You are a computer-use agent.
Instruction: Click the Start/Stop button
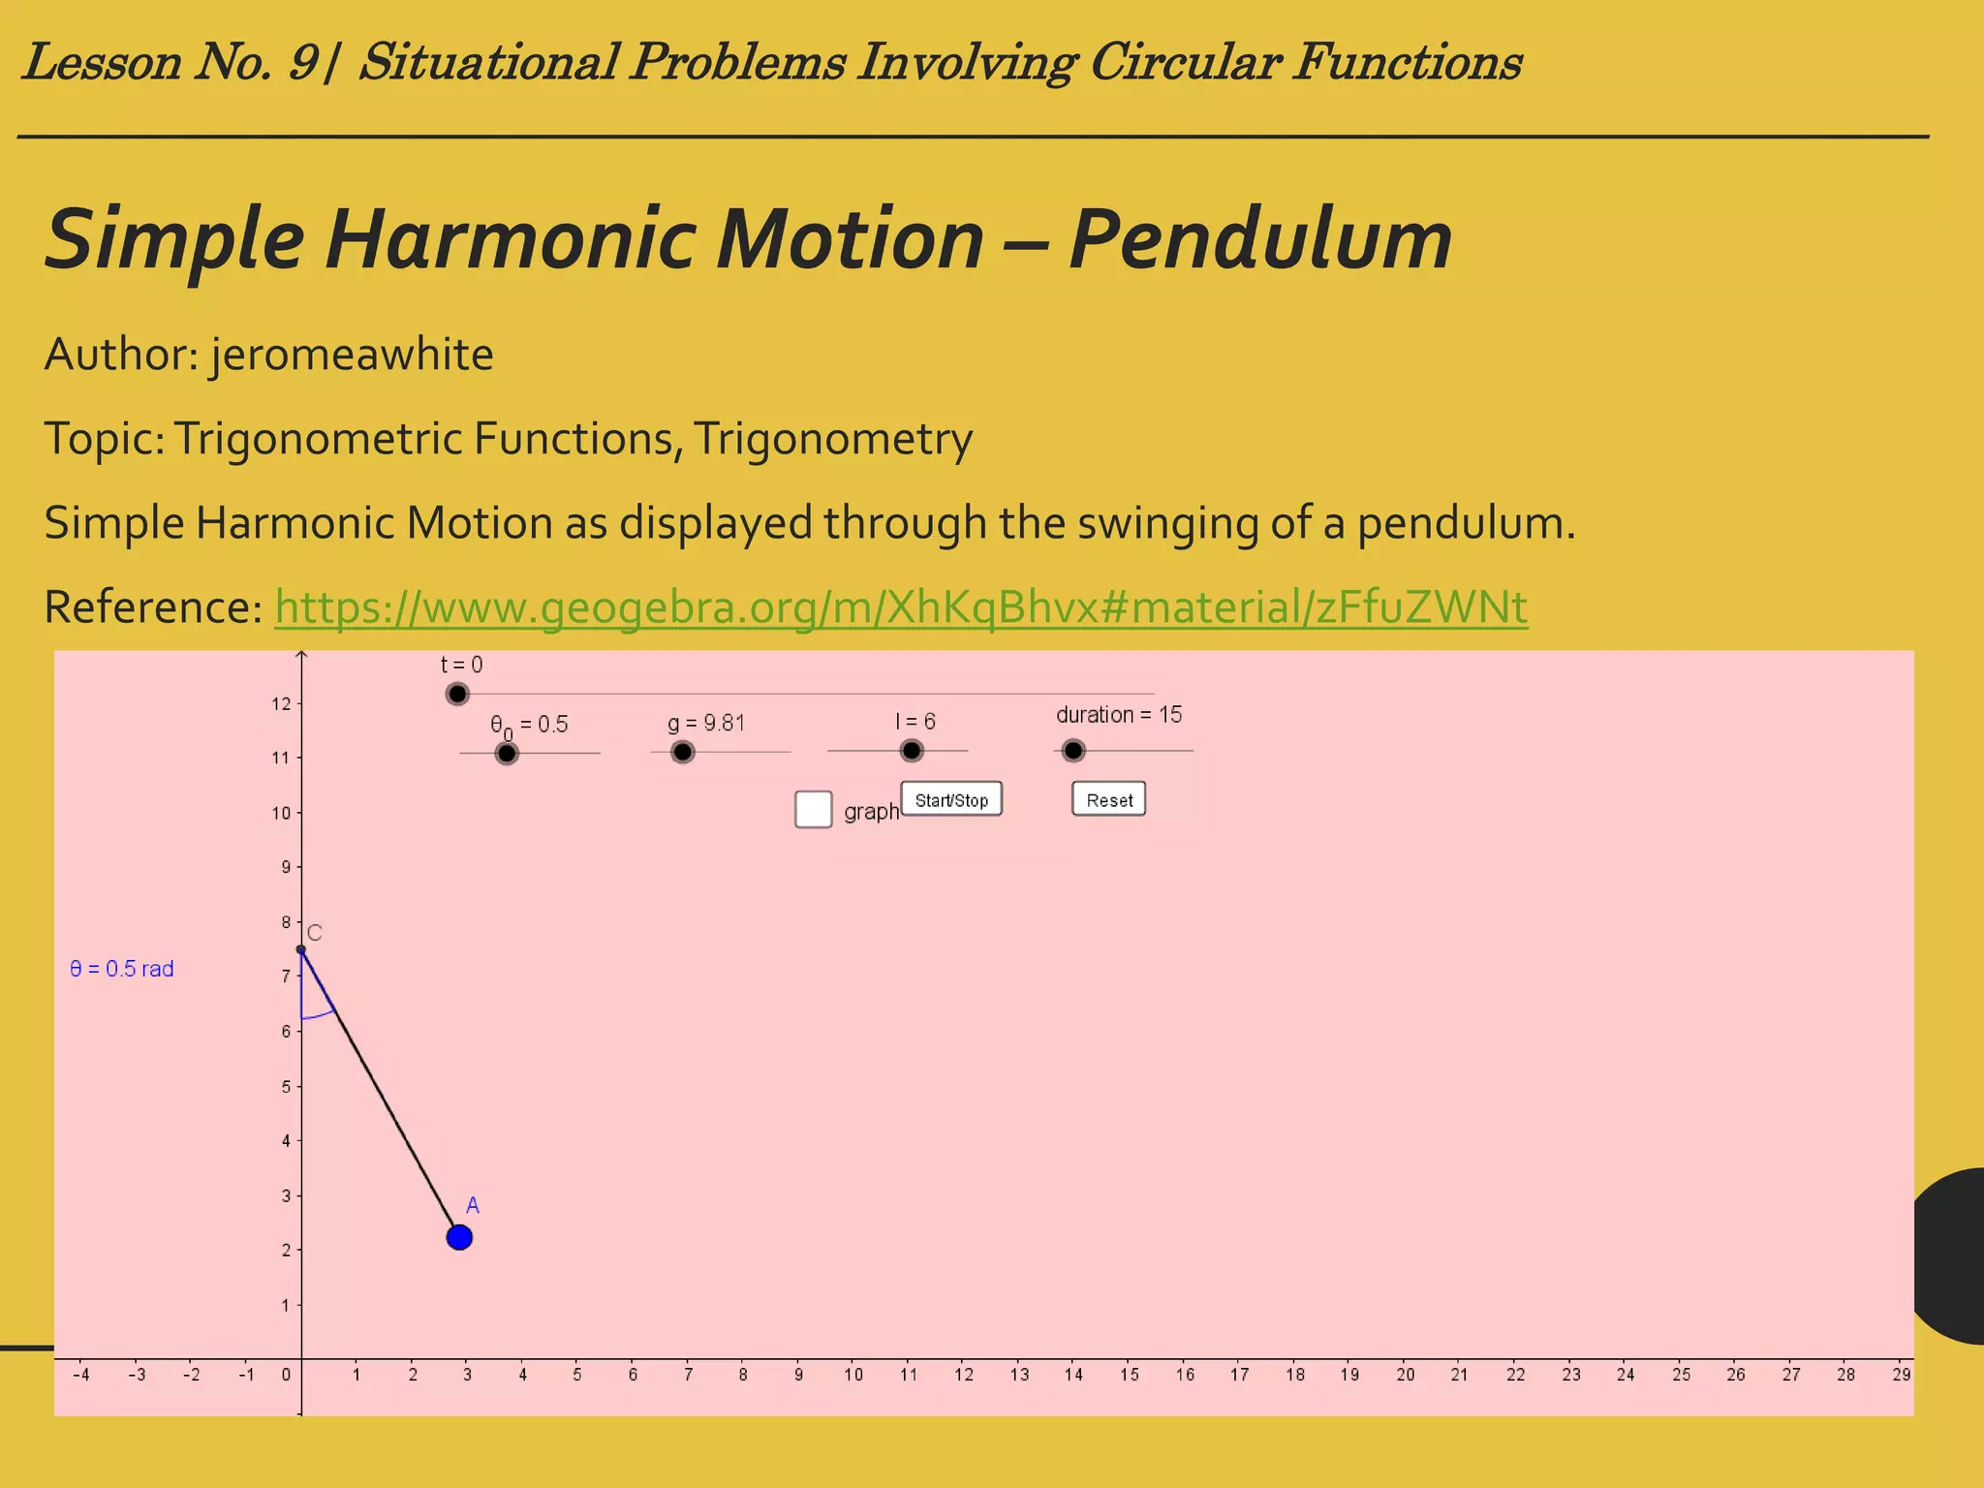tap(951, 799)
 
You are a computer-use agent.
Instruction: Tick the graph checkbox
tap(813, 809)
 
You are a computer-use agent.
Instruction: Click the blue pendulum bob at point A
tap(459, 1237)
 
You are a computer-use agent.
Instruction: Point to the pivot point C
tap(301, 949)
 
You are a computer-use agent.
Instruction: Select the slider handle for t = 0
tap(457, 694)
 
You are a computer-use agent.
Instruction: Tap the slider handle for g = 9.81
tap(683, 752)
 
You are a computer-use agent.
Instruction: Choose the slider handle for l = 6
tap(912, 751)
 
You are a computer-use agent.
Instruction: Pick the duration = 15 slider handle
tap(1073, 751)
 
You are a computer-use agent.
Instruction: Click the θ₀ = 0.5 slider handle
tap(507, 753)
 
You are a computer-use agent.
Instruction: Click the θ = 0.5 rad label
tap(122, 969)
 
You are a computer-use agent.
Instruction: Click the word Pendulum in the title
tap(1260, 239)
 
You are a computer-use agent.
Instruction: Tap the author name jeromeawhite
tap(353, 355)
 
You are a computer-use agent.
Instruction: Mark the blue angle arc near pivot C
tap(320, 1015)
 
